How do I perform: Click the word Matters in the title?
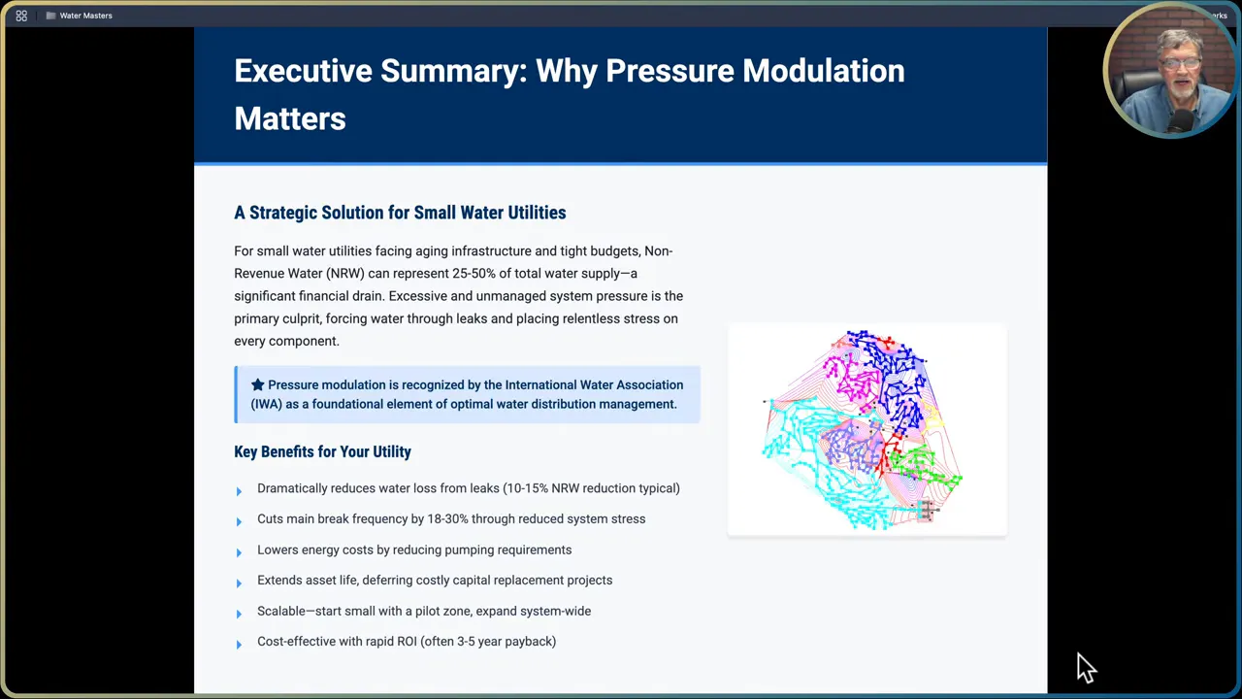coord(289,118)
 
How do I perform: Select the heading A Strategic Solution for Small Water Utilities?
coord(399,213)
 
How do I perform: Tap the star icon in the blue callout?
coord(257,385)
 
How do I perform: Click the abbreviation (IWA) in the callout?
coord(266,405)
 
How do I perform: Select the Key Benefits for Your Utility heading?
coord(322,452)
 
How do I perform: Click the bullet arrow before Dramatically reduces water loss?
coord(239,490)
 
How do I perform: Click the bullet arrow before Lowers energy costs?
coord(239,551)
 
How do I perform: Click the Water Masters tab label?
coord(85,16)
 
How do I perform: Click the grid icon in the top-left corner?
coord(21,16)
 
